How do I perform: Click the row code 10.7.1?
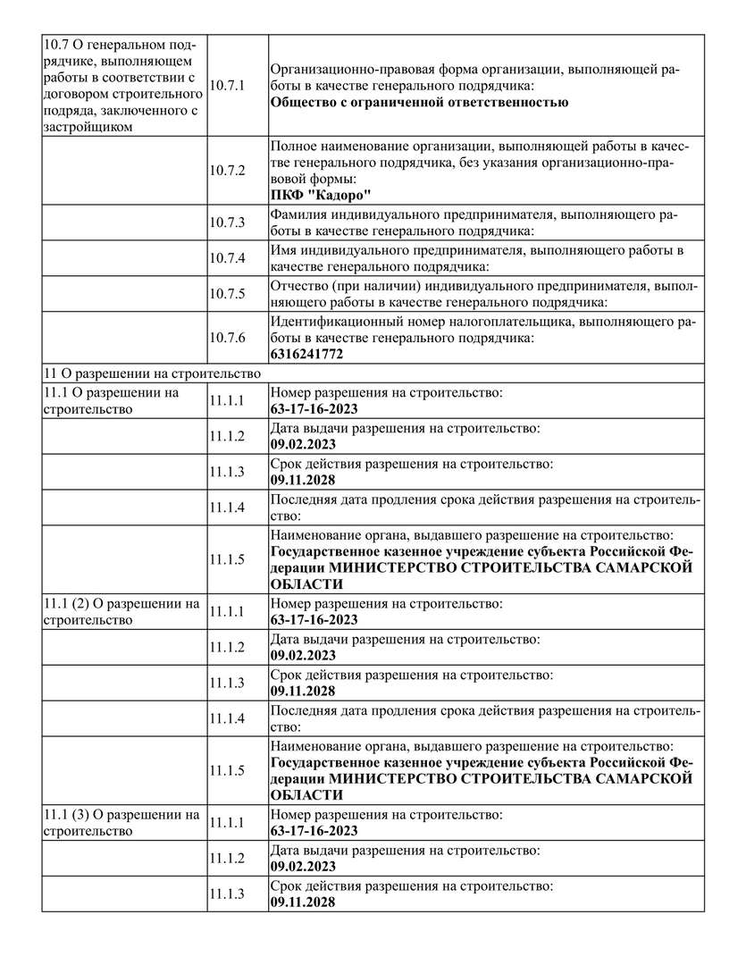click(226, 85)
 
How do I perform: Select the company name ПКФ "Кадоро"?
click(321, 196)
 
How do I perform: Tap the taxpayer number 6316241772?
click(306, 354)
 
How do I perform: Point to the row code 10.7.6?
click(226, 338)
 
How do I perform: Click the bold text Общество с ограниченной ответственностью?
click(419, 102)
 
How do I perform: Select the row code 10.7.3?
click(226, 222)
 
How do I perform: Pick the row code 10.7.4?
click(226, 257)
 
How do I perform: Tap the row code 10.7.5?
click(226, 294)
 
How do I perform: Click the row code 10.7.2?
click(226, 170)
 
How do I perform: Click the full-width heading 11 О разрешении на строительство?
click(151, 373)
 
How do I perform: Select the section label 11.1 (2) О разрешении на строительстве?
click(122, 611)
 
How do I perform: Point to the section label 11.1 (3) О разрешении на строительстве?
click(122, 822)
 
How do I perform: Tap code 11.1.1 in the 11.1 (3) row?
click(226, 822)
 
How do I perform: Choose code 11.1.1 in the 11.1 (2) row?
click(226, 611)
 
